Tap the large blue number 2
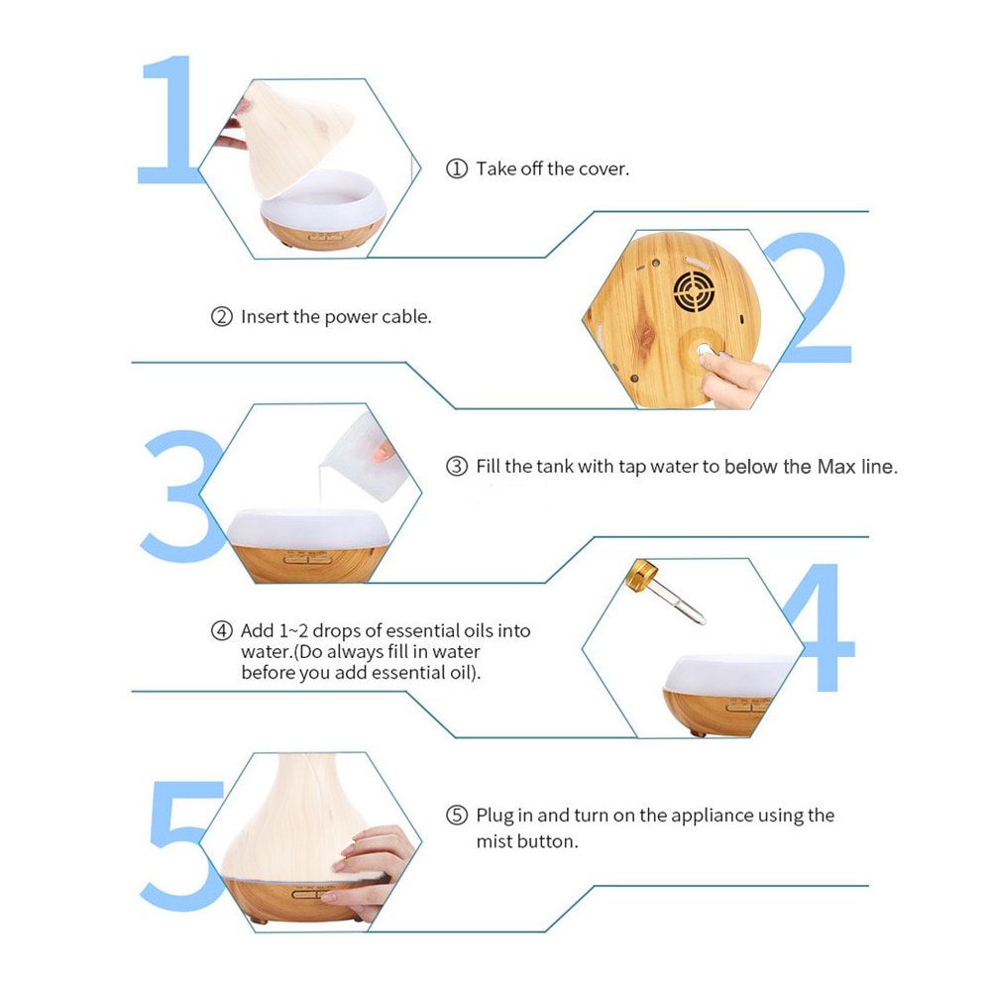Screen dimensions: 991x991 pos(808,302)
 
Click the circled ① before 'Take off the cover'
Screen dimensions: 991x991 pos(456,169)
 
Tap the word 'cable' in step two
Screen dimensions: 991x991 pos(405,318)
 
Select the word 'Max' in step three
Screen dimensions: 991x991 pos(835,467)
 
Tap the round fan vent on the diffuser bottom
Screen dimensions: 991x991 pos(695,290)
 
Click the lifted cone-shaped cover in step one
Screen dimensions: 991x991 pos(297,139)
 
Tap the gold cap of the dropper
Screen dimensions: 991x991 pos(642,573)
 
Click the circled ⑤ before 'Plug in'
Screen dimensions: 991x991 pos(456,817)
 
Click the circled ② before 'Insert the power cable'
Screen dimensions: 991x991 pos(221,318)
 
